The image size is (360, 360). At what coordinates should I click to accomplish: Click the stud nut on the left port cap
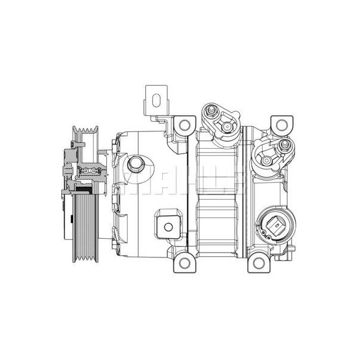[211, 111]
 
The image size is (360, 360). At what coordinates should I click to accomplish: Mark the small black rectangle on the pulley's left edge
[62, 191]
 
